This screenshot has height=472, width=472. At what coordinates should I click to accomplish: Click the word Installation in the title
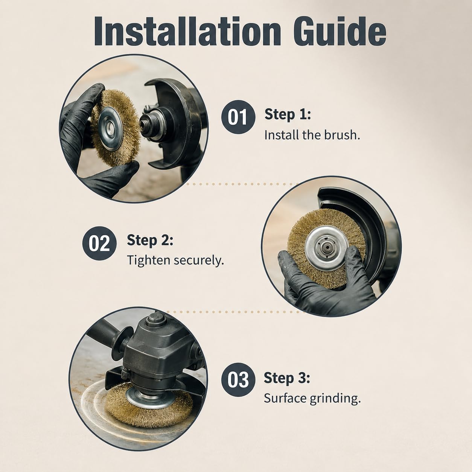tap(187, 32)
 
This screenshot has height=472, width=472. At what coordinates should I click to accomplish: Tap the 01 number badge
tap(238, 117)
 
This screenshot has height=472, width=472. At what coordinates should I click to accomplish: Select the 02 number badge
tap(99, 243)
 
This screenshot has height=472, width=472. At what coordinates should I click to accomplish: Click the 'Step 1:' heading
tap(288, 114)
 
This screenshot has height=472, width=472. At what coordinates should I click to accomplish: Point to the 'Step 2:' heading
tap(150, 240)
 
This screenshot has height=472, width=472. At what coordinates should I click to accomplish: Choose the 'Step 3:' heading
tap(287, 378)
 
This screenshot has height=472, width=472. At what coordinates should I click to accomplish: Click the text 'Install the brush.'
tap(312, 135)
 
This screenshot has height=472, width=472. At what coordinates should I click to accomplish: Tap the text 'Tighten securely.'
tap(175, 260)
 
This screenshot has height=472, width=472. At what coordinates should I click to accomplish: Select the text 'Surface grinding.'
tap(312, 398)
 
